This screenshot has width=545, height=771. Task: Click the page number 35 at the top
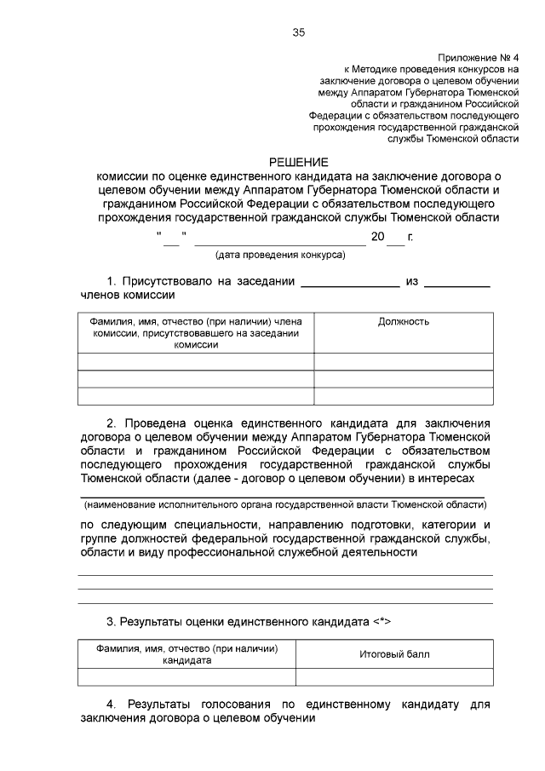point(298,32)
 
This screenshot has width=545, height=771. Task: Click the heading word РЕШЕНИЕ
point(298,161)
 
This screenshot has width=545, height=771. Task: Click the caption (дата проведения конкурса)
point(279,254)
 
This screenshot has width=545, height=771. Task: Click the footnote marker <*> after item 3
point(381,622)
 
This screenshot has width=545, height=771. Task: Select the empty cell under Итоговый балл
point(393,677)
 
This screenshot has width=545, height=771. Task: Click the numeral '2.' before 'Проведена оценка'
point(112,423)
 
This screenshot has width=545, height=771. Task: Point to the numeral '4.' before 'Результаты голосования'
point(112,705)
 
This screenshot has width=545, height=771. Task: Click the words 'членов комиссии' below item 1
point(128,295)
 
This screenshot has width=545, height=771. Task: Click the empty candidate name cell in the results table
point(186,677)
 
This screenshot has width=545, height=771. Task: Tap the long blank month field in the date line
point(278,239)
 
